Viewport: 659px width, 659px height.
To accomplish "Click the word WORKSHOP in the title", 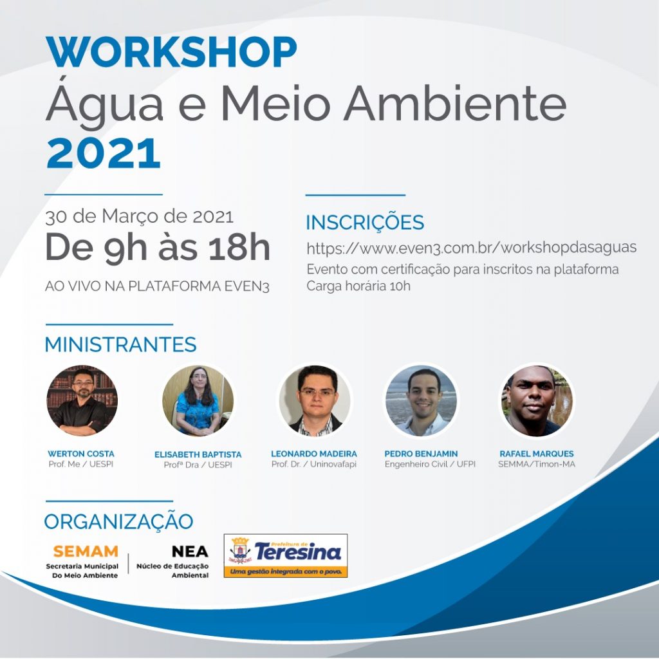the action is coord(171,51).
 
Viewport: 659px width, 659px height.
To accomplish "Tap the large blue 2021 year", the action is coord(104,153).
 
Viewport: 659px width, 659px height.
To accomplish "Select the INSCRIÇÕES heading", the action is coord(365,223).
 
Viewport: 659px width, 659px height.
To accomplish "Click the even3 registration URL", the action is coord(472,248).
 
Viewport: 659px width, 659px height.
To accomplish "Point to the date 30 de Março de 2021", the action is coord(139,216).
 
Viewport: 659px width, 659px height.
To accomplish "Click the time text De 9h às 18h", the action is coord(158,248).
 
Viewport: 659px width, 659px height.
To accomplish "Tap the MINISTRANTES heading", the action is coord(120,344).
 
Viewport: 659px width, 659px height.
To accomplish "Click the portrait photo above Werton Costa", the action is coord(82,400).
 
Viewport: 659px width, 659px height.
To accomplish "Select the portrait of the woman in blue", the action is coord(198,400).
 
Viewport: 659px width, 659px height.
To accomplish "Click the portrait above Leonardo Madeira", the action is coord(315,400).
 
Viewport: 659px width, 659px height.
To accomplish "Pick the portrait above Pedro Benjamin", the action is coord(421,400).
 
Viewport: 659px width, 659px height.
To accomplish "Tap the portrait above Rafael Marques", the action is coord(537,400).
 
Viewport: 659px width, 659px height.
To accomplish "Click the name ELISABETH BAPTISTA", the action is coord(198,454).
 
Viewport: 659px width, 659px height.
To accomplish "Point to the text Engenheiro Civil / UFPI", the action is coord(430,464).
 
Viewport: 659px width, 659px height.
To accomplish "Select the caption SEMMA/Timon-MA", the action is coord(537,464).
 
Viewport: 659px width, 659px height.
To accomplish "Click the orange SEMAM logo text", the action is coord(86,551).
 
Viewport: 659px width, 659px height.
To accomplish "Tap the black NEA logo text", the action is coord(190,551).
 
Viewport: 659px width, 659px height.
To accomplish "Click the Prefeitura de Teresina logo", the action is coord(286,555).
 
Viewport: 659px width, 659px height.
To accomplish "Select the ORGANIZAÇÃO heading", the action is coord(118,521).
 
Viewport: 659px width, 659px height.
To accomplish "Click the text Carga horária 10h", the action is coord(358,286).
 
